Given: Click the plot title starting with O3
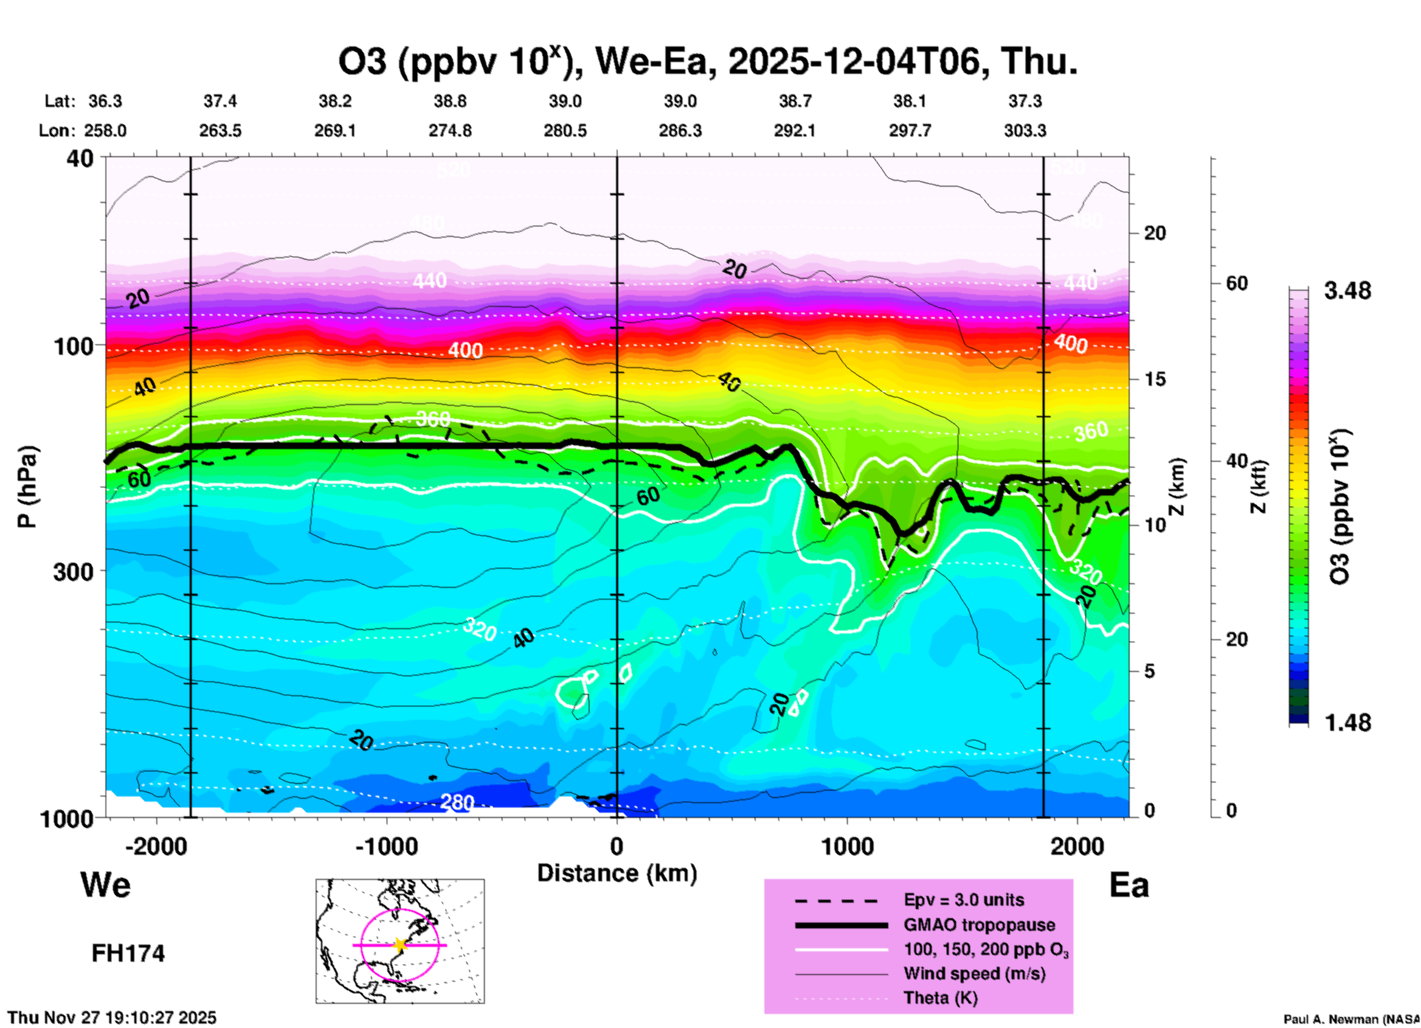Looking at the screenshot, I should click(707, 62).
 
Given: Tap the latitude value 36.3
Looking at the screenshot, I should click(106, 101).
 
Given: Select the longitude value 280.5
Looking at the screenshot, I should click(565, 131).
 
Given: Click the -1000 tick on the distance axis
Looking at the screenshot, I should click(387, 847).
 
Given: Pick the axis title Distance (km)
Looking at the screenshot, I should click(617, 873).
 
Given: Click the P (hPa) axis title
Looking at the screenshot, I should click(27, 487).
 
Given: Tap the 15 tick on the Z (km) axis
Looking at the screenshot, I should click(1155, 379).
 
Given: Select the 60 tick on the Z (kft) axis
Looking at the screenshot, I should click(1237, 283).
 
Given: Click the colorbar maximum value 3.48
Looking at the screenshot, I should click(1347, 291).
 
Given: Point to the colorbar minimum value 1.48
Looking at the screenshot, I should click(1347, 723).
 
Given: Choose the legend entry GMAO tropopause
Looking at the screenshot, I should click(979, 925).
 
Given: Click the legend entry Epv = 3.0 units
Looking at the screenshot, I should click(964, 900).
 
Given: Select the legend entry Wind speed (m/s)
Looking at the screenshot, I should click(974, 974).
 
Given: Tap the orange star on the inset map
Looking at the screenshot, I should click(400, 945).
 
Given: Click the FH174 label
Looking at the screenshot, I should click(128, 954).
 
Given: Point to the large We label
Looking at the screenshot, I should click(106, 885).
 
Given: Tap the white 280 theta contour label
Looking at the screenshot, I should click(457, 802).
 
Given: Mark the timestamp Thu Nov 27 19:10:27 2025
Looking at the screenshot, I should click(112, 1018).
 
